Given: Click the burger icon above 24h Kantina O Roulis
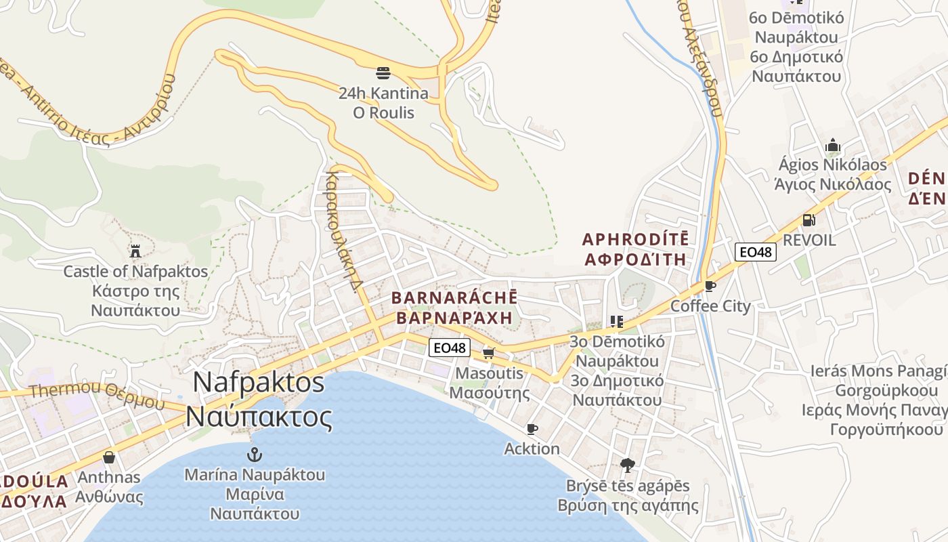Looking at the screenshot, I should tap(383, 73).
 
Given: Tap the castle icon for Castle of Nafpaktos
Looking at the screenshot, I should tap(135, 251).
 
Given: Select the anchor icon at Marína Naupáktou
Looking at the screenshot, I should tap(255, 454).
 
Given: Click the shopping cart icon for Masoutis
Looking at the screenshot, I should tap(489, 353).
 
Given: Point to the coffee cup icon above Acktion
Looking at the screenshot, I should tap(532, 429).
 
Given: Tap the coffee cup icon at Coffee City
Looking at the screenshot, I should tap(710, 286).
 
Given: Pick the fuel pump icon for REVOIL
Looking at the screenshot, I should tap(809, 220).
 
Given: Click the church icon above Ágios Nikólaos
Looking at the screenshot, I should tap(832, 145).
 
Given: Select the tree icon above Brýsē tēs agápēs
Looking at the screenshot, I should tap(628, 465).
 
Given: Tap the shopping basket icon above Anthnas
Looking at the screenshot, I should tap(109, 457).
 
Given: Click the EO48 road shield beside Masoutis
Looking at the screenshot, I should tap(450, 348).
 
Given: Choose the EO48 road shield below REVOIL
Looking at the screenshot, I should tap(755, 252).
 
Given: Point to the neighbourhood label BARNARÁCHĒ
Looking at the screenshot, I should tap(454, 297).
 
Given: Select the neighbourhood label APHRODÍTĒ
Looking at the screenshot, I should tap(635, 239).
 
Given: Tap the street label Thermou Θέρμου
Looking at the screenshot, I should tap(97, 393).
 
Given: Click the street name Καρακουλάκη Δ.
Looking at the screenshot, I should tap(341, 230).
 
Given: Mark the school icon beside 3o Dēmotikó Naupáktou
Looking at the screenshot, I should tap(616, 321).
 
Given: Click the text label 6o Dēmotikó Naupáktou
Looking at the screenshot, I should tap(794, 27).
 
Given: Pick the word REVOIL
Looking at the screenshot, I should tap(809, 241).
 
